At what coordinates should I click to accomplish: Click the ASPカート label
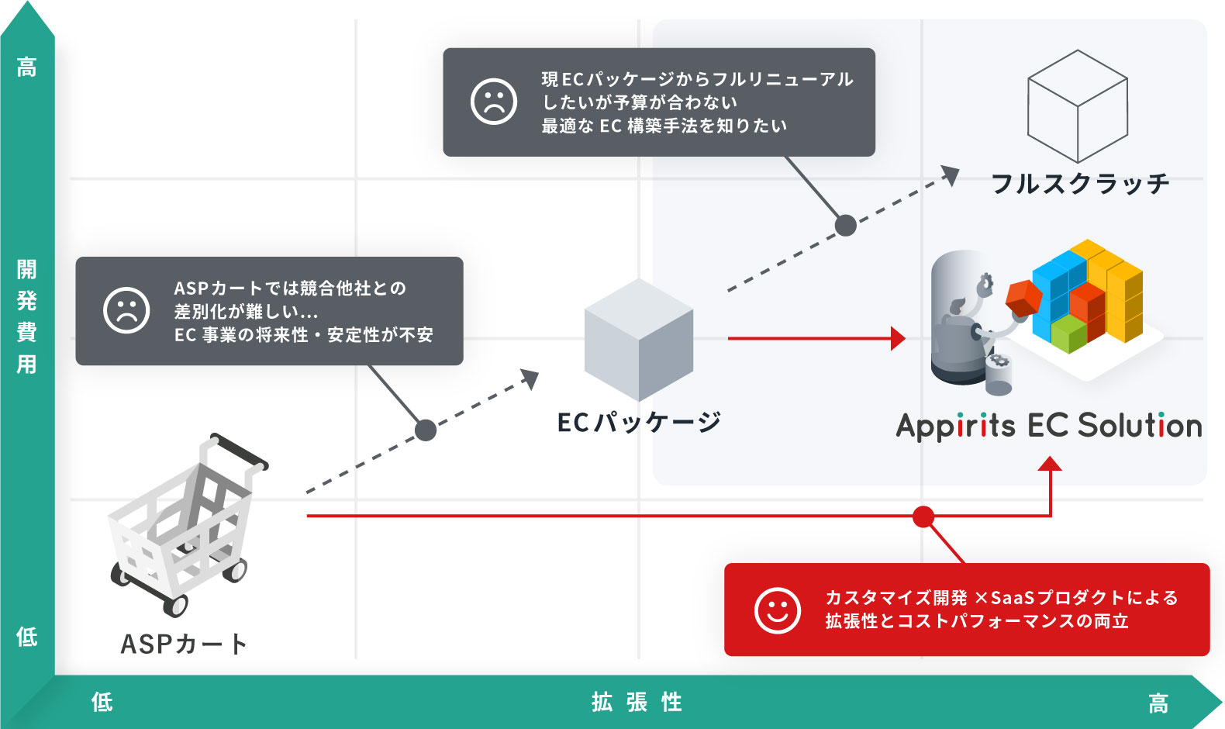coord(184,644)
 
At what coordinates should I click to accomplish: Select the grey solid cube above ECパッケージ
coord(639,340)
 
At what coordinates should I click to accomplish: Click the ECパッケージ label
coord(639,422)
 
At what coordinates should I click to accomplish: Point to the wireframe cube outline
coord(1077,105)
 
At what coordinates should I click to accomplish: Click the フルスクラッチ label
coord(1080,184)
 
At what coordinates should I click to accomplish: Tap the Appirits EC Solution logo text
coord(1048,426)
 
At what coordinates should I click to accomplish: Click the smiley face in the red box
coord(777,610)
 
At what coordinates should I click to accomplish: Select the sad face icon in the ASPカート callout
coord(126,310)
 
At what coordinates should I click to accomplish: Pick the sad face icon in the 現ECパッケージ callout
coord(494,102)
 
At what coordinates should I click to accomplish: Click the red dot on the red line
coord(923,517)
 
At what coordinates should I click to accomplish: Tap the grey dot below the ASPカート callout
coord(426,430)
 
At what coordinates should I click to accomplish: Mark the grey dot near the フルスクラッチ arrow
coord(846,226)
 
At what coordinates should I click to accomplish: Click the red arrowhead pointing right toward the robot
coord(898,338)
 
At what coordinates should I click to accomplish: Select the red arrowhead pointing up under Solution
coord(1050,464)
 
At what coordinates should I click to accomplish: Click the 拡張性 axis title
coord(637,703)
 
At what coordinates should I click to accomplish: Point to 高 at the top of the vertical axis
coord(27,67)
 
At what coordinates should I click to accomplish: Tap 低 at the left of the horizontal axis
coord(102,703)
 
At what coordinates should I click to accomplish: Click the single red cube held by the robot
coord(1023,297)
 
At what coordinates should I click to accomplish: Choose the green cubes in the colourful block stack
coord(1069,333)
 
